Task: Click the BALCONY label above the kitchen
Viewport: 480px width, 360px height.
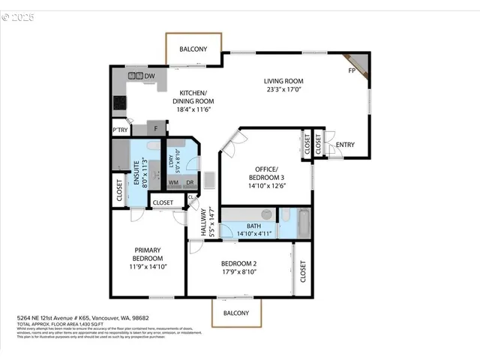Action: (x=193, y=49)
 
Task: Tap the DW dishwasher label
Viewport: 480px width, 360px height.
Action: (x=150, y=76)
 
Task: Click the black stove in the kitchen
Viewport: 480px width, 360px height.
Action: (x=119, y=103)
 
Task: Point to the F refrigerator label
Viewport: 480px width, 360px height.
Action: (x=156, y=128)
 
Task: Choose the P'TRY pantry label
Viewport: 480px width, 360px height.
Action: (x=119, y=128)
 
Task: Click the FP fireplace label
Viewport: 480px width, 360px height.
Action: (x=351, y=70)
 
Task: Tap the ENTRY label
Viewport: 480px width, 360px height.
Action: (x=345, y=145)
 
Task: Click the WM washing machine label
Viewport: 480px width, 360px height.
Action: (x=172, y=182)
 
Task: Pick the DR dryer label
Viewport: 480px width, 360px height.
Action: (x=190, y=182)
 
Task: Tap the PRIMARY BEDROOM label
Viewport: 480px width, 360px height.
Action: (x=148, y=254)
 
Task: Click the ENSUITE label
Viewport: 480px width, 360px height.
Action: (x=137, y=173)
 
